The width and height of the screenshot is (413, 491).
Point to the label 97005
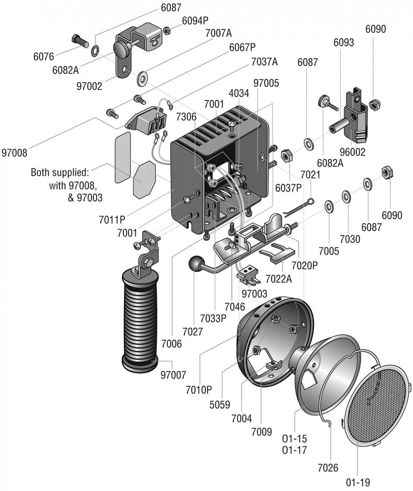[266, 83]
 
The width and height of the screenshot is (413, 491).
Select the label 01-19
[358, 482]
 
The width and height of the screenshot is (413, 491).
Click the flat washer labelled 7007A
[142, 78]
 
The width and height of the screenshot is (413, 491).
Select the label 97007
[173, 373]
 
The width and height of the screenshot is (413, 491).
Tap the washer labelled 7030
[345, 197]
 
